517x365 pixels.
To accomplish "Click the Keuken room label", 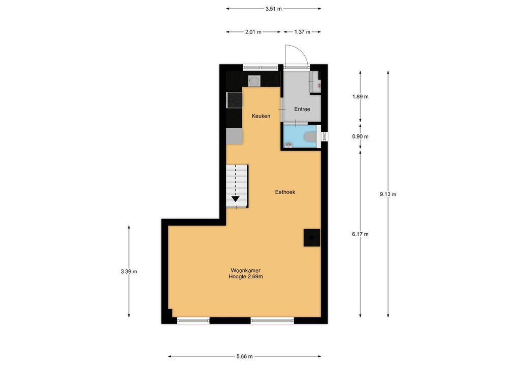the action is (261, 116).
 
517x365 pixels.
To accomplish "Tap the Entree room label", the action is (302, 109).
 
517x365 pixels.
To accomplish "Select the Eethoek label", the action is (285, 192).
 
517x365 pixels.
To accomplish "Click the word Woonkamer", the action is (246, 271).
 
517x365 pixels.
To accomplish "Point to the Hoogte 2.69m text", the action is (246, 277).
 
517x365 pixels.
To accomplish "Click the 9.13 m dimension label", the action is (388, 194).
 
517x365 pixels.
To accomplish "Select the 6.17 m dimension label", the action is (361, 234).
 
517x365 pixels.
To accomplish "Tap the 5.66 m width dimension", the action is (245, 356).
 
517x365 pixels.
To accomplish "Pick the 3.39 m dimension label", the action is (129, 272).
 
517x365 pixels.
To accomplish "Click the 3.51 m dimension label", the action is (274, 9).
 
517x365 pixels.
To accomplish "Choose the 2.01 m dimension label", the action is (253, 32).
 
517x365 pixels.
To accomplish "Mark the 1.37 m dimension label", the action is (302, 32).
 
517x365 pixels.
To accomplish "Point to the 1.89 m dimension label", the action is (361, 97).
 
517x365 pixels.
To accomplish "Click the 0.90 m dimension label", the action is (361, 136).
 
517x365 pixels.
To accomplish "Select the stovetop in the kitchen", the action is (234, 100).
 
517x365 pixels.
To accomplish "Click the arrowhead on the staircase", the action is (236, 199).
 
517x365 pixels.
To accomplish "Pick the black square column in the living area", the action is (312, 237).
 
